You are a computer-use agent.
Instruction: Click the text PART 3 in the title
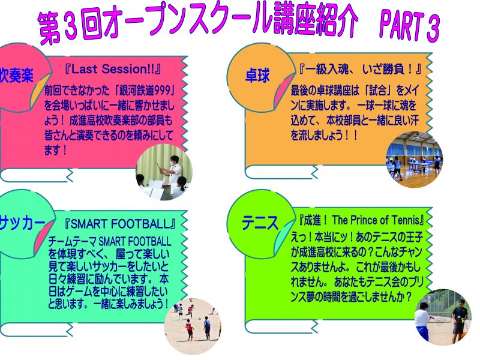pos(409,26)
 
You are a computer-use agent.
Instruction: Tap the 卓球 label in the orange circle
pos(257,76)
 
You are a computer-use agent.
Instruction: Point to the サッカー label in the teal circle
pos(22,223)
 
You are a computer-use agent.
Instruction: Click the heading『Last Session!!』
pos(112,69)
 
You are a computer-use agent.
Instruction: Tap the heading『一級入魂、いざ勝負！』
pos(360,70)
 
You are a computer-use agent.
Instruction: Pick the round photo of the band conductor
pos(164,172)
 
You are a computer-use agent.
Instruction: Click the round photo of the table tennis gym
pos(414,160)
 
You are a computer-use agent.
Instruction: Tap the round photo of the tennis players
pos(443,317)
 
